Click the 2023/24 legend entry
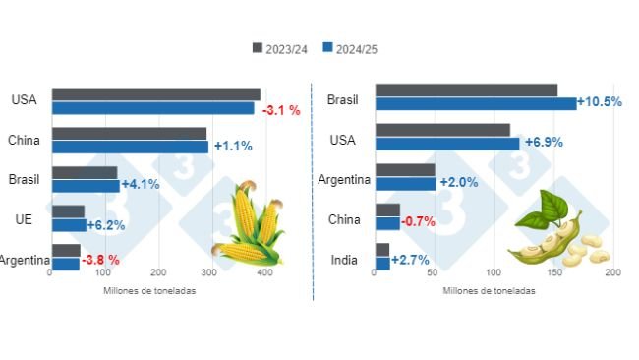pyautogui.click(x=284, y=47)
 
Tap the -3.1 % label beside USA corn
pyautogui.click(x=281, y=109)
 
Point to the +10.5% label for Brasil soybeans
pyautogui.click(x=600, y=102)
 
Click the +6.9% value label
pyautogui.click(x=544, y=143)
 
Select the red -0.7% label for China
pyautogui.click(x=419, y=222)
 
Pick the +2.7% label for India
pyautogui.click(x=411, y=261)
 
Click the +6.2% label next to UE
pyautogui.click(x=105, y=225)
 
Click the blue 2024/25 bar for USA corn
pyautogui.click(x=153, y=108)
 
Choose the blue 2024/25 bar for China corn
pyautogui.click(x=131, y=147)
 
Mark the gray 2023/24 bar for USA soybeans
pyautogui.click(x=442, y=129)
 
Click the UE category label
pyautogui.click(x=25, y=217)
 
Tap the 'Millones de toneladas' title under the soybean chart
pyautogui.click(x=490, y=291)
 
